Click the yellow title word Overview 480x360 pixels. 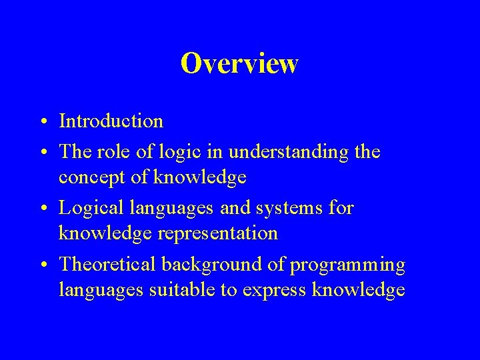(239, 64)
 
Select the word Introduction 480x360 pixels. (111, 121)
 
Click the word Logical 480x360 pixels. (90, 209)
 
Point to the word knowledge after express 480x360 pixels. (359, 290)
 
